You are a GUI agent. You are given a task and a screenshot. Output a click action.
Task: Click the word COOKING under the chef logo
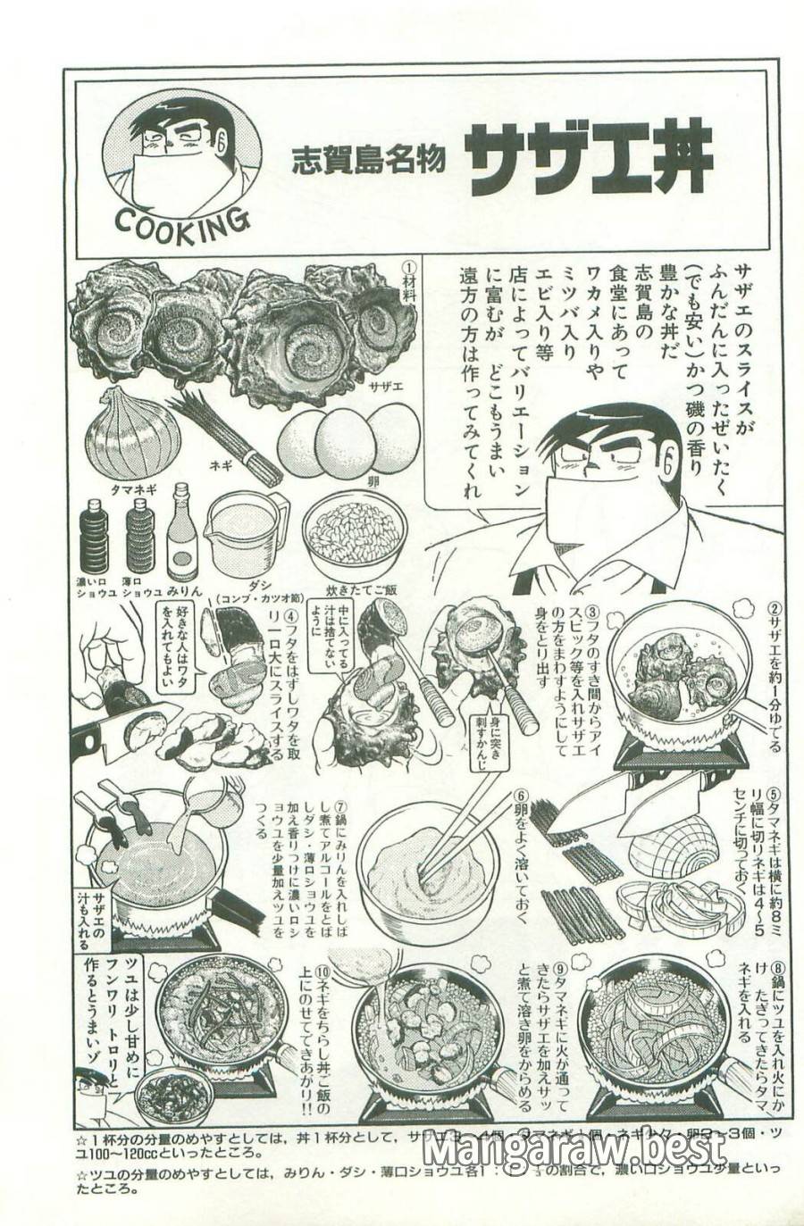182,221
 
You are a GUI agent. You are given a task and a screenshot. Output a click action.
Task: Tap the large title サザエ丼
590,159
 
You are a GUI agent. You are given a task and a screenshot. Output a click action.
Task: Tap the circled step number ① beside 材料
409,267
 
